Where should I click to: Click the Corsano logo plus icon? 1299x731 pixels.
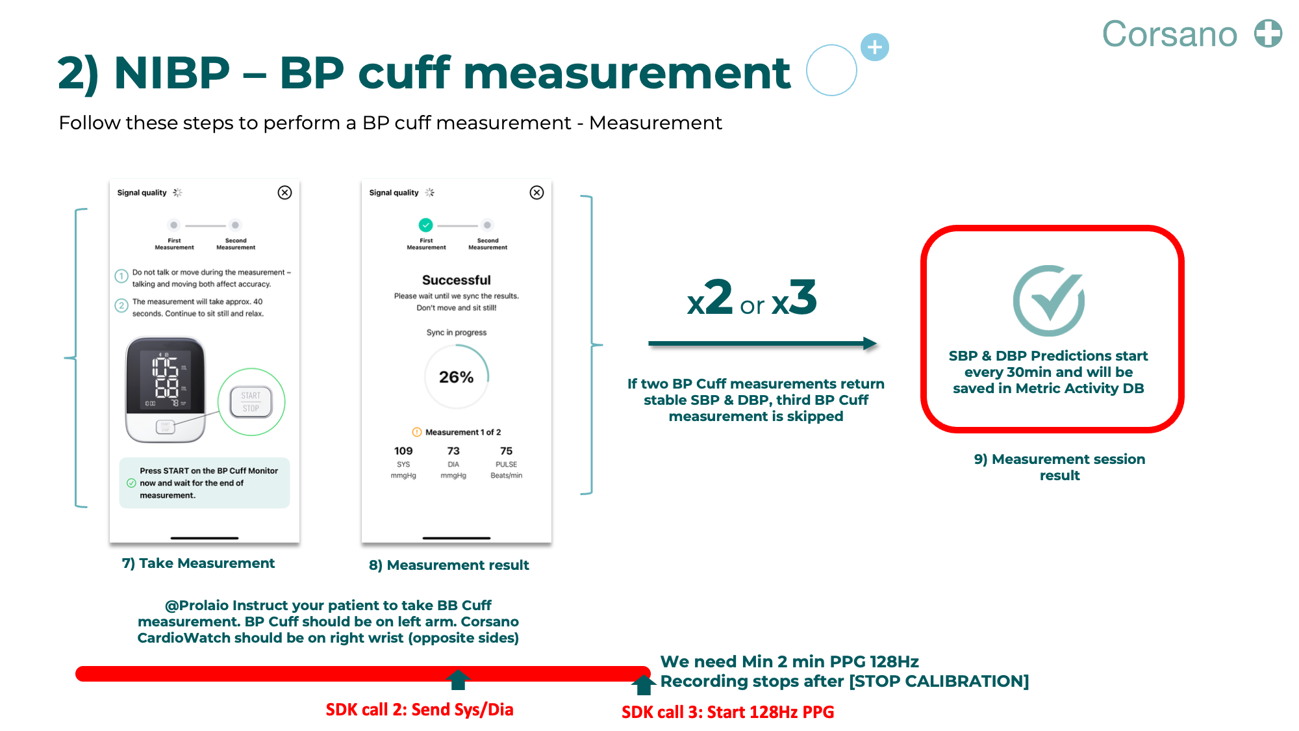click(x=1268, y=34)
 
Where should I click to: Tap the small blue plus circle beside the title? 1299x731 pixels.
click(x=874, y=47)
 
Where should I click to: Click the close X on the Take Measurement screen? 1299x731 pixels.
click(x=284, y=192)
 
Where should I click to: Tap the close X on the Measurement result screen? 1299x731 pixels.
click(x=536, y=192)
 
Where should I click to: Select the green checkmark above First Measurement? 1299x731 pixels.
click(x=425, y=225)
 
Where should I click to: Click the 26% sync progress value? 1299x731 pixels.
click(x=456, y=377)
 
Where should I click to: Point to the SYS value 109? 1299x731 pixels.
click(x=403, y=451)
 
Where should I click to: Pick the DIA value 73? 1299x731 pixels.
click(x=453, y=451)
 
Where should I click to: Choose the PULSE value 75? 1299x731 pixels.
click(x=506, y=451)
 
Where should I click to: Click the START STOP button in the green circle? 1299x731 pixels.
click(x=251, y=402)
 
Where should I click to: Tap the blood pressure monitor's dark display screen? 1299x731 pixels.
click(x=166, y=377)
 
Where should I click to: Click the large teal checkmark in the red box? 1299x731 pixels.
click(x=1049, y=300)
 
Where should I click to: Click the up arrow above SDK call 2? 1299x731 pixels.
click(x=458, y=680)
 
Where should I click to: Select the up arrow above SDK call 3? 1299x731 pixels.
click(x=643, y=684)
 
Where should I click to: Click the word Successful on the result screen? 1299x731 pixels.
click(x=456, y=280)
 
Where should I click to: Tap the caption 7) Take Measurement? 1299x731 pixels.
click(x=198, y=563)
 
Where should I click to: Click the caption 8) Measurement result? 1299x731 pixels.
click(x=449, y=565)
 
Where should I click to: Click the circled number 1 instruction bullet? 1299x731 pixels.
click(x=121, y=276)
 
